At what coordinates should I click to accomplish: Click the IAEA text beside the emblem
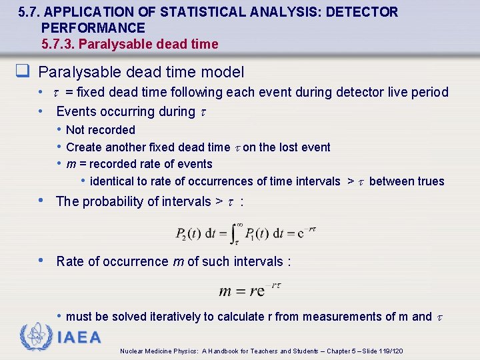pos(80,337)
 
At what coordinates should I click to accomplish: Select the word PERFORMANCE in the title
pos(93,28)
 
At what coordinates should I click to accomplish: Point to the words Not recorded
pos(101,130)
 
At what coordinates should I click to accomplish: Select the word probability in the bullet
pos(114,201)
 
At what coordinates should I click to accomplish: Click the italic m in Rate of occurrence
pos(178,261)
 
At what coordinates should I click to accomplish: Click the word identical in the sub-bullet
pos(114,181)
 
